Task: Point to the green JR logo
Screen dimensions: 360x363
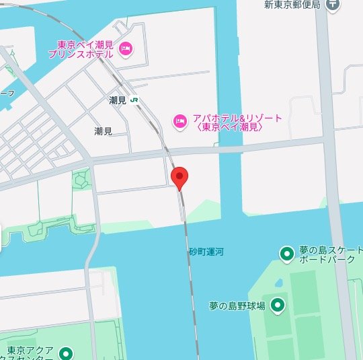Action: (x=135, y=100)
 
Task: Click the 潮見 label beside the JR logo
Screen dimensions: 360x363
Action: (x=118, y=100)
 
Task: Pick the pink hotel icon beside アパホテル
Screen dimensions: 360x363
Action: (x=179, y=121)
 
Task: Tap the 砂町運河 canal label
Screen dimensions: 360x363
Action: (x=206, y=252)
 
